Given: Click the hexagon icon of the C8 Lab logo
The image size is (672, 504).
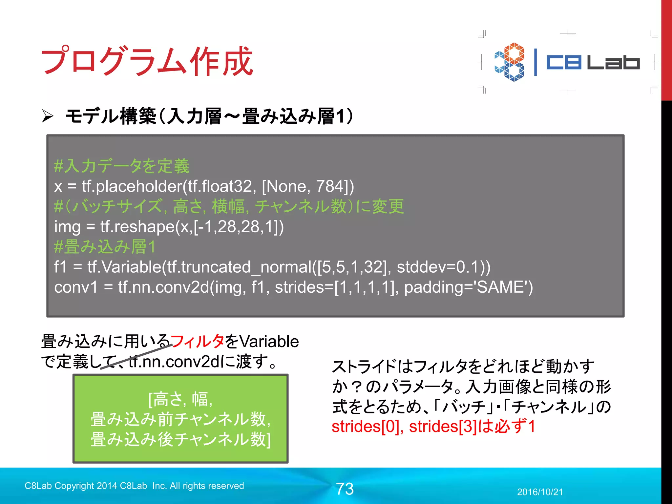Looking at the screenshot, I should pyautogui.click(x=510, y=62).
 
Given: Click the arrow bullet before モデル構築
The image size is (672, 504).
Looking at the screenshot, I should pyautogui.click(x=48, y=116).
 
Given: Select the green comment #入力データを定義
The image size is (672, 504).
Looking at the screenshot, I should pyautogui.click(x=122, y=166).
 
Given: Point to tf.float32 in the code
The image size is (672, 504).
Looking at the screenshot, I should pyautogui.click(x=222, y=186).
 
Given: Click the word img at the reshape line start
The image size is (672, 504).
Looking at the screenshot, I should pyautogui.click(x=67, y=227).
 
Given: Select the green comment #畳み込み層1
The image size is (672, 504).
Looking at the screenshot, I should pyautogui.click(x=105, y=247).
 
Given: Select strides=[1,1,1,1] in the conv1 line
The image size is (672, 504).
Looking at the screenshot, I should pyautogui.click(x=334, y=287).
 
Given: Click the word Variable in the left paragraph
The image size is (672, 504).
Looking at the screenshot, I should pyautogui.click(x=269, y=342).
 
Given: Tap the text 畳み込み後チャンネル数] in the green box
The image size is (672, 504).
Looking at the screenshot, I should pyautogui.click(x=181, y=440).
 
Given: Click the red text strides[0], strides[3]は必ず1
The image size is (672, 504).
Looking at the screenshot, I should pyautogui.click(x=433, y=427).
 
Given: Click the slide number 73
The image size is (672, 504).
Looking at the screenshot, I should pyautogui.click(x=345, y=489).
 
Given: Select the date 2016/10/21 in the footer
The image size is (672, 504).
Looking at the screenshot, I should pyautogui.click(x=540, y=492).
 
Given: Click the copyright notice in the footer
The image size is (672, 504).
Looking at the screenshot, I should pyautogui.click(x=134, y=486).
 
